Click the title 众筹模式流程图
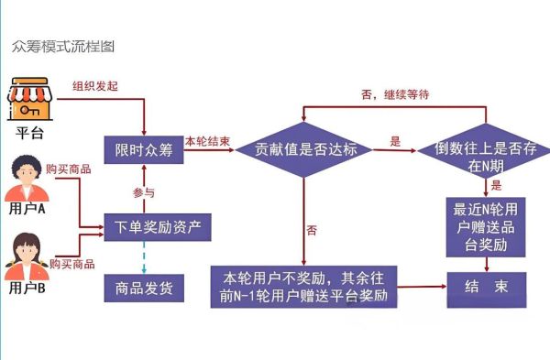coord(63,45)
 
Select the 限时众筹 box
coord(144,150)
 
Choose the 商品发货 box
coord(144,288)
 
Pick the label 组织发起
coord(95,86)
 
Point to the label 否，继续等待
coord(396,93)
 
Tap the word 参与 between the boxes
coord(144,192)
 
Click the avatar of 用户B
coord(27,256)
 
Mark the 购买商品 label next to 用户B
coord(73,264)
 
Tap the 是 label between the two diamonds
coord(396,141)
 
